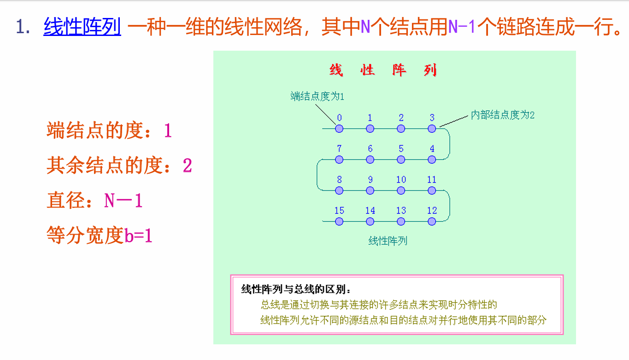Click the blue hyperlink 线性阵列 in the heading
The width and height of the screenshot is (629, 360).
pyautogui.click(x=82, y=27)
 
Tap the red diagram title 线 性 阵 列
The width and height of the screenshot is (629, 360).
pyautogui.click(x=383, y=71)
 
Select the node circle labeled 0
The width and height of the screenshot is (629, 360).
pyautogui.click(x=339, y=129)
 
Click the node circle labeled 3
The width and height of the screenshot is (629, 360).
pyautogui.click(x=432, y=129)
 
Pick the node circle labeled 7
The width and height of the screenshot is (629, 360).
pyautogui.click(x=339, y=159)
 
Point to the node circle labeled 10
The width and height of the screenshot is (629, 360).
pyautogui.click(x=401, y=190)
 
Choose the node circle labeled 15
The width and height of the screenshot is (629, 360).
pyautogui.click(x=339, y=221)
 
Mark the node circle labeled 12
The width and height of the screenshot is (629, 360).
pyautogui.click(x=432, y=221)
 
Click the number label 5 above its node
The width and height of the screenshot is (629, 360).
pyautogui.click(x=401, y=148)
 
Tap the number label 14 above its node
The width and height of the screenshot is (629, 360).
pyautogui.click(x=370, y=210)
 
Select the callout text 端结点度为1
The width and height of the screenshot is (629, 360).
pyautogui.click(x=317, y=96)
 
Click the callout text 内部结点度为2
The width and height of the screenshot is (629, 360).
pyautogui.click(x=502, y=115)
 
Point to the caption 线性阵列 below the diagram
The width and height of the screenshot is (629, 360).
pyautogui.click(x=388, y=241)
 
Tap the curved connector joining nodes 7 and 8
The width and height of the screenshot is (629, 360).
pyautogui.click(x=317, y=175)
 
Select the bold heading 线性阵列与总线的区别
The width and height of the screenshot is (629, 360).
pyautogui.click(x=296, y=289)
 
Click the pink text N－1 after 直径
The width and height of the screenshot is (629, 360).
pyautogui.click(x=123, y=201)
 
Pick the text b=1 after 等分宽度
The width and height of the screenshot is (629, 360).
pyautogui.click(x=138, y=236)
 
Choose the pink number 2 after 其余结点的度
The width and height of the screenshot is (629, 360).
pyautogui.click(x=187, y=165)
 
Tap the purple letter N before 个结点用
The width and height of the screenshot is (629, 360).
pyautogui.click(x=365, y=27)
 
